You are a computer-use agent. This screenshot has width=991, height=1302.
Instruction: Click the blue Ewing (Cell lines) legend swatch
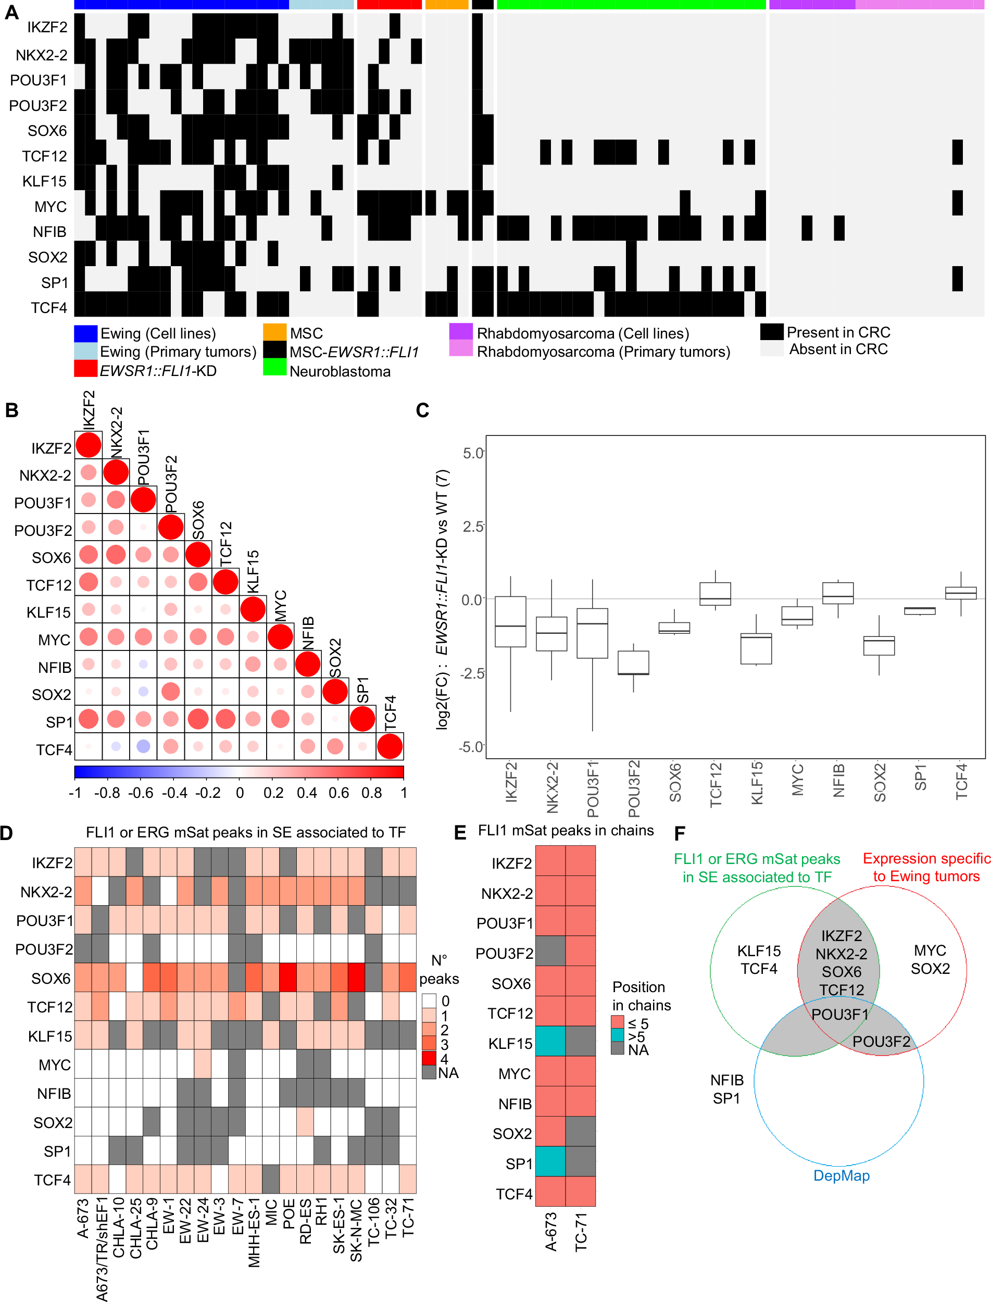85,333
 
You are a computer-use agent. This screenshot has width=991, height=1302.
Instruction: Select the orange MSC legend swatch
274,332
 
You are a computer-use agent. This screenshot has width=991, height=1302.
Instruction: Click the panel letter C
422,410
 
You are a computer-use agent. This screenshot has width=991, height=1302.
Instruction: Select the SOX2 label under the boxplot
880,782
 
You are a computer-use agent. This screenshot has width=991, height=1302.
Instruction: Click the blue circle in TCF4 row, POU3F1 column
143,746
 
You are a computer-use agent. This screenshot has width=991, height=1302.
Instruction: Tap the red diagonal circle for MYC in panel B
280,636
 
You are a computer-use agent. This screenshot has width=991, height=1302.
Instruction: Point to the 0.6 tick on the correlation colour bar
338,792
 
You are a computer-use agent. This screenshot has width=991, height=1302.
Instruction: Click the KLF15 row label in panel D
50,1036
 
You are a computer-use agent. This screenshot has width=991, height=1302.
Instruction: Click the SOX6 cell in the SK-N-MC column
356,978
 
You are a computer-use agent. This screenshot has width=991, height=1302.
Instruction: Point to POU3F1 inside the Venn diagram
839,1014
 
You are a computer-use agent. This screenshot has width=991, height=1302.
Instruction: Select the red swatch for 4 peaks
429,1058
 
